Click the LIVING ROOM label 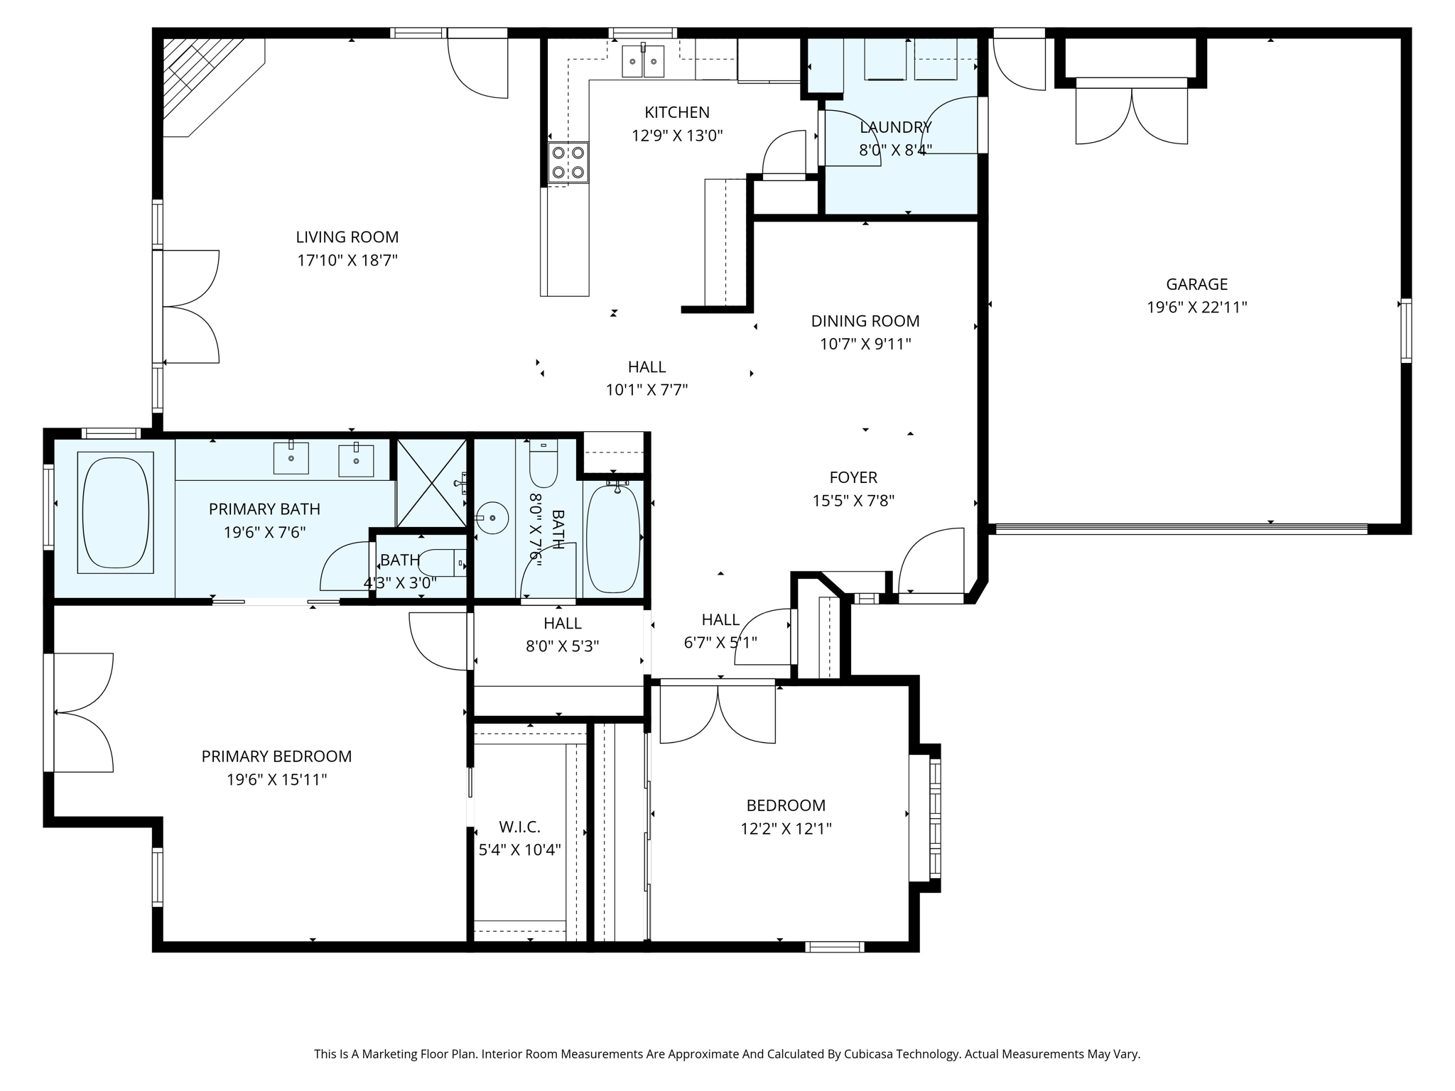[x=347, y=237]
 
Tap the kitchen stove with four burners [x=568, y=162]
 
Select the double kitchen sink [x=644, y=61]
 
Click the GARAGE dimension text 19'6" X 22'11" [x=1197, y=308]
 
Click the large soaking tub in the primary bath [x=116, y=512]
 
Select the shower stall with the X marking [x=431, y=484]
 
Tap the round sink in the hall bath [x=492, y=518]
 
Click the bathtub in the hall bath [x=613, y=538]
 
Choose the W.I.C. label [x=519, y=827]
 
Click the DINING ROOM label [x=865, y=321]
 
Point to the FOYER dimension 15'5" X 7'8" [x=853, y=501]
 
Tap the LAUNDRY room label [x=895, y=127]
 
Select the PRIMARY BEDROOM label [x=276, y=756]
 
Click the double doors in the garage [x=1132, y=116]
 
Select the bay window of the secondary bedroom [x=925, y=818]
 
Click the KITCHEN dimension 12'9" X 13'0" [x=677, y=136]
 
